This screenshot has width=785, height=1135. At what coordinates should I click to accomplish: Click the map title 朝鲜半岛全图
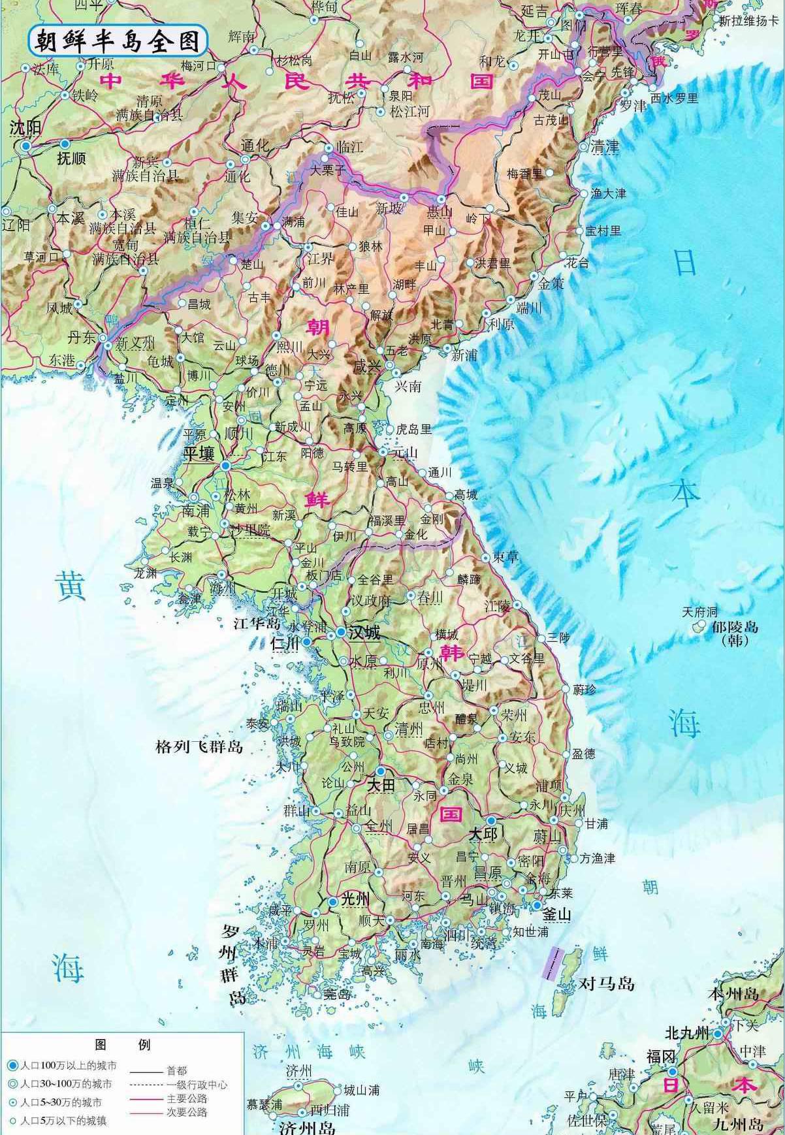pos(118,41)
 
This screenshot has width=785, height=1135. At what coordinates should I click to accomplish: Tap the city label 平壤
pos(199,454)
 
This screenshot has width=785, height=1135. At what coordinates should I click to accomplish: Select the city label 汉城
pos(364,633)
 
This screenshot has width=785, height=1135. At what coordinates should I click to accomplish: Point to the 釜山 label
pos(557,914)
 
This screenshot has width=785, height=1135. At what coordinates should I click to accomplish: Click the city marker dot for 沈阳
pos(25,146)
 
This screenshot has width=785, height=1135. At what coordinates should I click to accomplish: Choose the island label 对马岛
pos(607,983)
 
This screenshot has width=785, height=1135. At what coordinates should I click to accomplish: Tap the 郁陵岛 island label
pos(735,627)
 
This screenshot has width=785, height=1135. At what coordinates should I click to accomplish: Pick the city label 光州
pos(356,900)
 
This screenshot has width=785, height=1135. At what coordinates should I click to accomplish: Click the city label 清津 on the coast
pos(604,147)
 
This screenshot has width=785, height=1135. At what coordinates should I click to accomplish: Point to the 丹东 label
pos(82,338)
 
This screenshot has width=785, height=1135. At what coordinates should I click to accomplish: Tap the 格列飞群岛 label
pos(199,746)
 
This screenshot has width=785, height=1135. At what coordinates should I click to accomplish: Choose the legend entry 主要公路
pos(186,1099)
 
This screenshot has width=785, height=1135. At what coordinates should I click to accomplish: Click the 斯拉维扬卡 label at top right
pos(749,20)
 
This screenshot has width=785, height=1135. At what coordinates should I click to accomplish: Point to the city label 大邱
pos(483,834)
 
